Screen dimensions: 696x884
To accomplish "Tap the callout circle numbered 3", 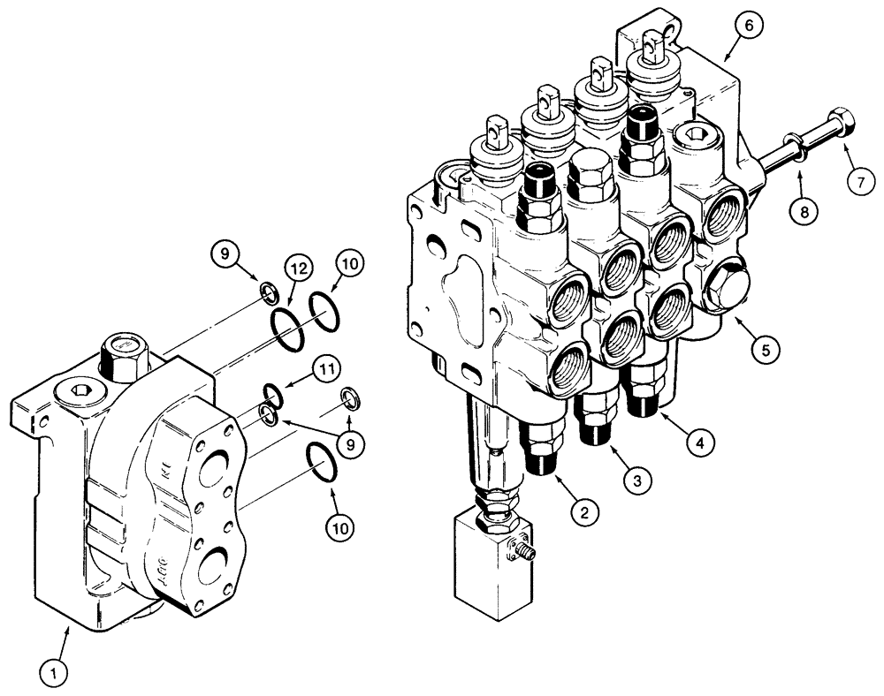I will [x=637, y=479].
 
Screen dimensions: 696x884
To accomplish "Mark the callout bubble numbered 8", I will [x=804, y=212].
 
